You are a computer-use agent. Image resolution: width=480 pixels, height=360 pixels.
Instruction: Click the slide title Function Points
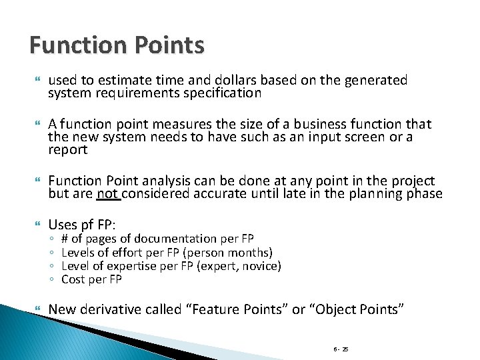coord(117,45)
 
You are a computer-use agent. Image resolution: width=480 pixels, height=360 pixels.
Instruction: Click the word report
coord(68,149)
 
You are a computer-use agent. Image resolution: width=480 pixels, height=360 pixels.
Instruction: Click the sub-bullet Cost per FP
coord(91,279)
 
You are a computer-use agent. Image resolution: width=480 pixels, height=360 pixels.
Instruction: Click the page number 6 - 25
coord(341,348)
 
